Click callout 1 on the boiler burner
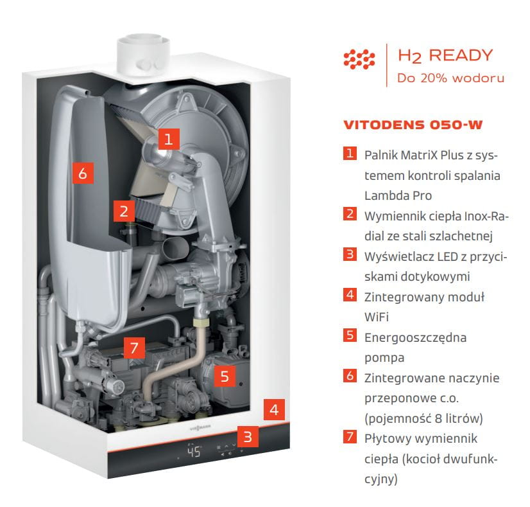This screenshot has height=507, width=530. coord(168,139)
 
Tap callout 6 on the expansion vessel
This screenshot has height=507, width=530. coord(83,173)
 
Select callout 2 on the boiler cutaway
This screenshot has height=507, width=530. coord(124,211)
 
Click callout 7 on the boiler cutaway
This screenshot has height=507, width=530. coord(134,348)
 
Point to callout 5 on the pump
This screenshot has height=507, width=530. coord(225,376)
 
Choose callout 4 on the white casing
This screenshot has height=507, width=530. coord(274,409)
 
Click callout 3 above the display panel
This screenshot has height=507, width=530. coord(248,436)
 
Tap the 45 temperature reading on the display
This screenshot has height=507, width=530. coord(194,452)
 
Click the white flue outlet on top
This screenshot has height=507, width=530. coord(143,54)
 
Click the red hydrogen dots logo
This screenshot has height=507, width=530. coord(359,59)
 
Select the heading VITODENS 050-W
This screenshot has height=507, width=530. coord(413,125)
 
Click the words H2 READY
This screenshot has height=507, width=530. coord(445,56)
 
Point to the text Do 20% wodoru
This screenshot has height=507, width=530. coord(450,78)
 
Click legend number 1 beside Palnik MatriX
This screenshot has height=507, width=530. coord(350,153)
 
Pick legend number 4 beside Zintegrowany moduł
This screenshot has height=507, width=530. coord(350,294)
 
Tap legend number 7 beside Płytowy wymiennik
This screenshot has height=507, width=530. coord(350,436)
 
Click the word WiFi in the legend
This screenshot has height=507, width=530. coord(376,317)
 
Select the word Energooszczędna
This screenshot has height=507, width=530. coord(415,338)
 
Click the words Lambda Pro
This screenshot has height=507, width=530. coord(398,195)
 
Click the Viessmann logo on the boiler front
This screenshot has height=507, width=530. coord(200,428)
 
